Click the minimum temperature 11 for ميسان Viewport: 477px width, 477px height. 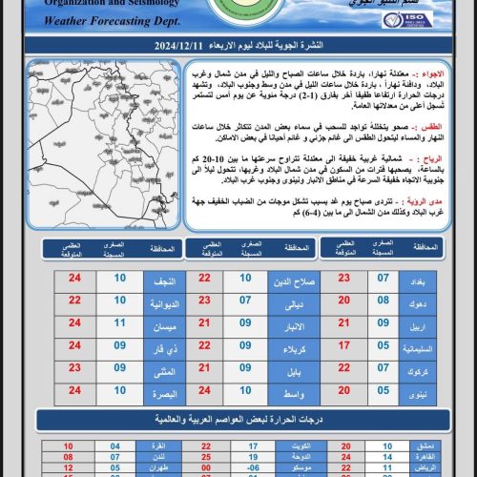pyautogui.click(x=119, y=323)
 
